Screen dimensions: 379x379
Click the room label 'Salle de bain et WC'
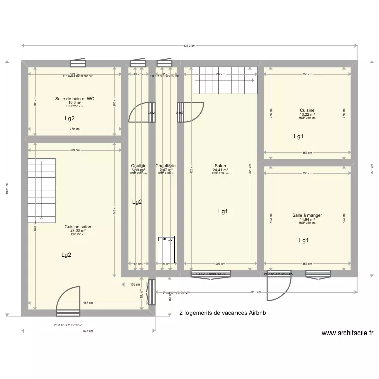click(75, 99)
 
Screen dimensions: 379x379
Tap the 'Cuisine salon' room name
click(78, 227)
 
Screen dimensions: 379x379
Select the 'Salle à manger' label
click(307, 215)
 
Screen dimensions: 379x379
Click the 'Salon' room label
click(220, 166)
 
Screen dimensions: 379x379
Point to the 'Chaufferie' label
click(166, 166)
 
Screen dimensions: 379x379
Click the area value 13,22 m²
click(307, 114)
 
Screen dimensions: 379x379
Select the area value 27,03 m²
click(78, 231)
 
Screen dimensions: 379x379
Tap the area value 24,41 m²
click(220, 170)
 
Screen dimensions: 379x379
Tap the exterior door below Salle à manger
click(278, 288)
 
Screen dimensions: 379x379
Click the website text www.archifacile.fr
click(348, 333)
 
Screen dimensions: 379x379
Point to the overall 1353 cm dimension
click(189, 46)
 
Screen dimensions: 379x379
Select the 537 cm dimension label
click(89, 331)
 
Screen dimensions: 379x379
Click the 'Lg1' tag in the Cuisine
click(299, 136)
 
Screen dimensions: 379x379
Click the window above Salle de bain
click(78, 63)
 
